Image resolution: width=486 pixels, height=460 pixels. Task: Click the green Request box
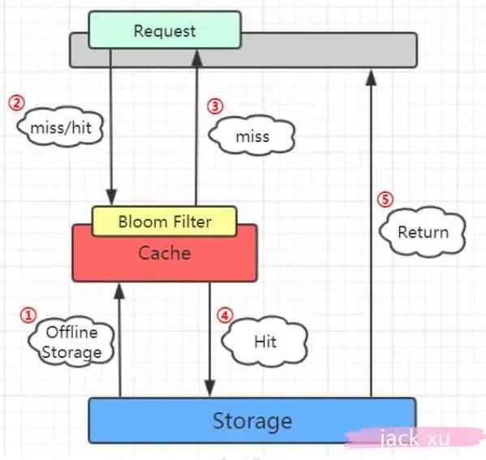click(165, 30)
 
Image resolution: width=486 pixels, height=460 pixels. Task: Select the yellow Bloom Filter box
click(165, 221)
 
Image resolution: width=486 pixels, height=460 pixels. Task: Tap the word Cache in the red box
click(164, 253)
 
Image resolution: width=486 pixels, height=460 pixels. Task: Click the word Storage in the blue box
click(252, 421)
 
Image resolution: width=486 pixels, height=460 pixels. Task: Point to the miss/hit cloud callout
click(60, 127)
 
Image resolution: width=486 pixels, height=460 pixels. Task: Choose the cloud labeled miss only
click(252, 135)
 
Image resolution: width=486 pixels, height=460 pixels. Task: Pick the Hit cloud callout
click(265, 341)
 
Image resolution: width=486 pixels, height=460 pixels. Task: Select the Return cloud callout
click(423, 232)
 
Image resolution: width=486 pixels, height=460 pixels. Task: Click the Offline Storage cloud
click(71, 342)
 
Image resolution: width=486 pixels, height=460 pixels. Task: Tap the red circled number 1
click(28, 315)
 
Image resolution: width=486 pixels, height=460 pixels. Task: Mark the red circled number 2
click(16, 103)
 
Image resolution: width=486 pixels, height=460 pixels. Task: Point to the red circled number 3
click(215, 106)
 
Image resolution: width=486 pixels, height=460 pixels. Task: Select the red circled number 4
click(225, 316)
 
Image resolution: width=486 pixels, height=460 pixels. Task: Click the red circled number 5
click(385, 200)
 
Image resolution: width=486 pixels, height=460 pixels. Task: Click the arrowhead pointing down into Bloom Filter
click(111, 197)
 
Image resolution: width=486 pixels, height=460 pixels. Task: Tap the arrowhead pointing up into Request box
click(197, 58)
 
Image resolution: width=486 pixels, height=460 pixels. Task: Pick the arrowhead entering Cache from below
click(119, 290)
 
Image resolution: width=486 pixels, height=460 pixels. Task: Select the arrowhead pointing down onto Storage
click(210, 389)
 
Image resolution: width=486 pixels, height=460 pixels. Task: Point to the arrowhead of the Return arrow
click(371, 78)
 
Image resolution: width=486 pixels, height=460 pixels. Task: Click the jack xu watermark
click(415, 438)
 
